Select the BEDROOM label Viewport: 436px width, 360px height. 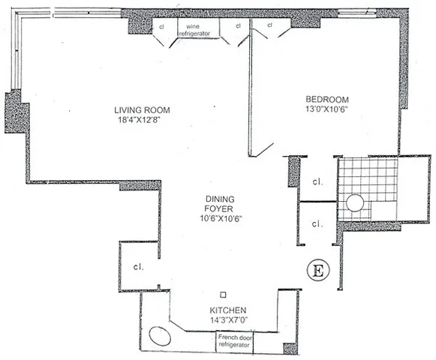pyautogui.click(x=327, y=99)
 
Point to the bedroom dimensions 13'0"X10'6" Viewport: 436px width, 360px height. pyautogui.click(x=327, y=109)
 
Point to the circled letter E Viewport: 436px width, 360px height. pyautogui.click(x=317, y=269)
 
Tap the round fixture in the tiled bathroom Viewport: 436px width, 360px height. pyautogui.click(x=354, y=204)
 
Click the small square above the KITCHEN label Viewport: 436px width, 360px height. pyautogui.click(x=222, y=295)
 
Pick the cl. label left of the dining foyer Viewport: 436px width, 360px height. pyautogui.click(x=139, y=266)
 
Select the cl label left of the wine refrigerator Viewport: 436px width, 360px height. pyautogui.click(x=161, y=26)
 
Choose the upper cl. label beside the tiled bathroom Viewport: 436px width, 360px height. pyautogui.click(x=317, y=181)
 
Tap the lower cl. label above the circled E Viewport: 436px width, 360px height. pyautogui.click(x=317, y=223)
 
